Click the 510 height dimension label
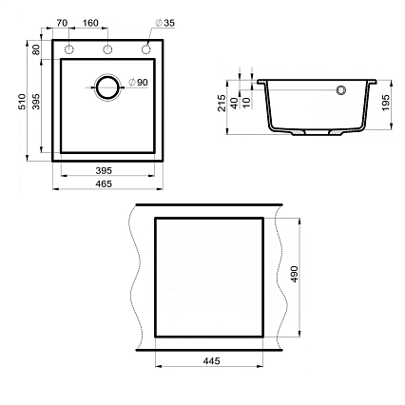point(22,102)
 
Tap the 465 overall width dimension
point(104,183)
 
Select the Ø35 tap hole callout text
point(165,23)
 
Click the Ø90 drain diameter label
point(138,83)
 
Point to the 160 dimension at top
point(90,23)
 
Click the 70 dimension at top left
point(62,23)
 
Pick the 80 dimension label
point(36,49)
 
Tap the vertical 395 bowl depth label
point(36,102)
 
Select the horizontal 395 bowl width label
point(104,170)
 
